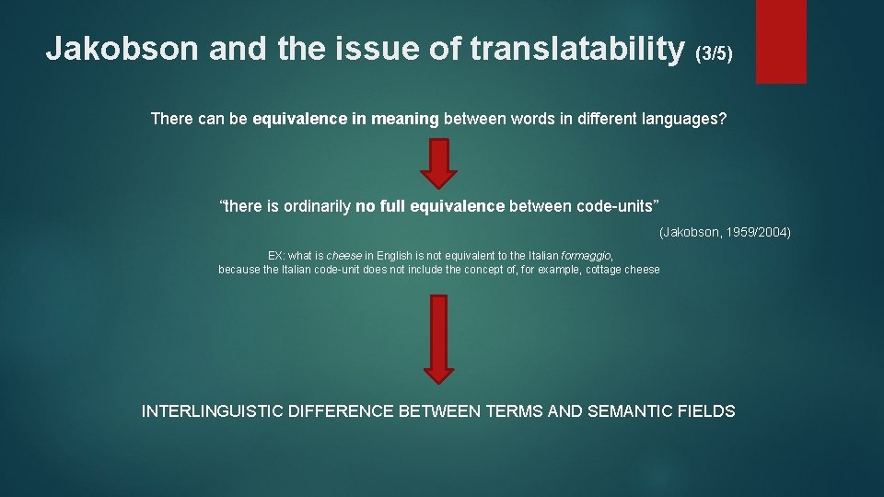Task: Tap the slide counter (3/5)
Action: (x=715, y=52)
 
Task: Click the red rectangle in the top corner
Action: (x=780, y=40)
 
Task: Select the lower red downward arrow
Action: (x=440, y=338)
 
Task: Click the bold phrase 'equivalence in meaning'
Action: (x=346, y=119)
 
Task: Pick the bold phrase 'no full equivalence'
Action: (x=430, y=206)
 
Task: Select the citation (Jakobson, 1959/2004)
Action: (x=724, y=232)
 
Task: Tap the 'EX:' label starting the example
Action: (x=276, y=255)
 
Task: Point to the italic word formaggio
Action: (x=587, y=255)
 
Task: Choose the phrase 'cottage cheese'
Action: (x=622, y=270)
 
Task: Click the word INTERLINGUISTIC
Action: (x=213, y=411)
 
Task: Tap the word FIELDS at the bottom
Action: (x=709, y=411)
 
